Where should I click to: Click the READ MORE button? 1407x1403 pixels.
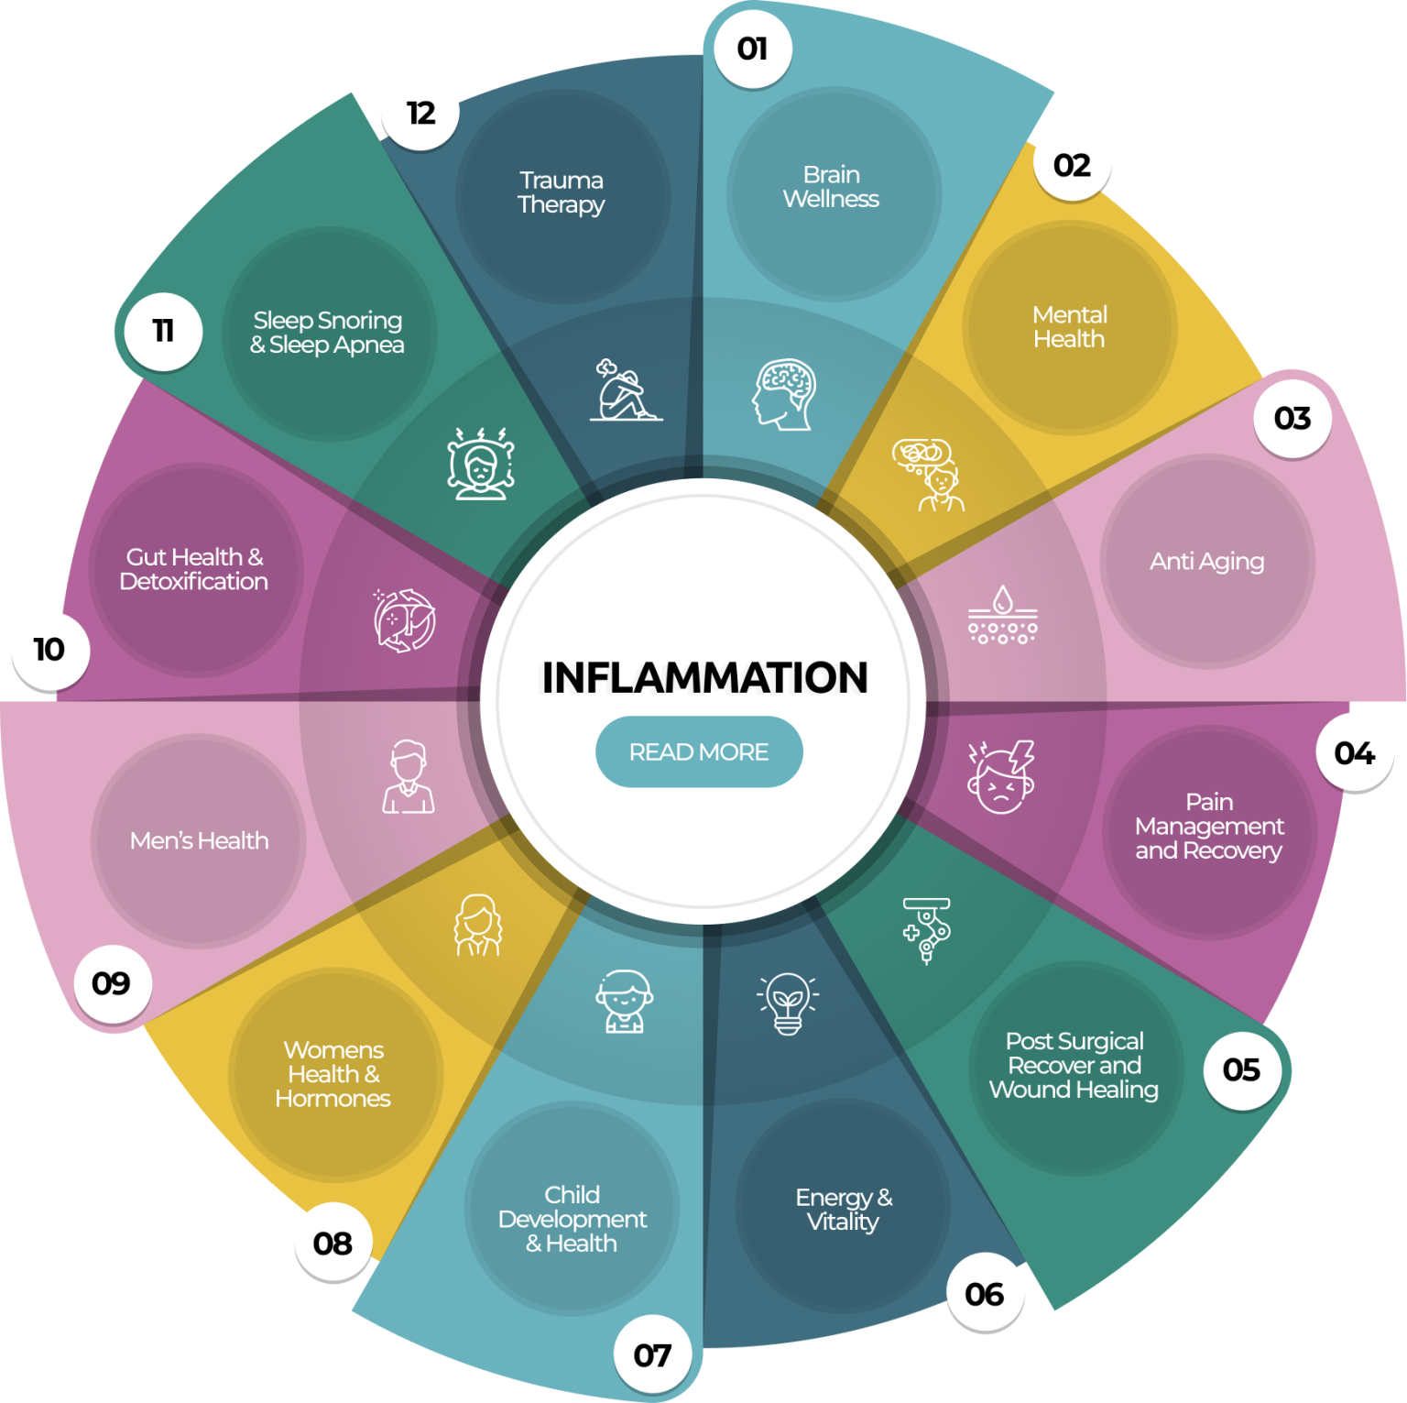click(699, 751)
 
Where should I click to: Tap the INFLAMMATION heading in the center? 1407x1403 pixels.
click(704, 678)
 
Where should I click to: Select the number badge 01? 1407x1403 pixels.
click(753, 49)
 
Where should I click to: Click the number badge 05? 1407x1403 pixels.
click(1241, 1069)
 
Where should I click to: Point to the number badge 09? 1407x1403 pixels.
click(112, 983)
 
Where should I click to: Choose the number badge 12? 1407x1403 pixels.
click(420, 113)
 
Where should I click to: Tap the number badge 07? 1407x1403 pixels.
click(652, 1354)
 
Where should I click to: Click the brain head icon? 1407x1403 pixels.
click(784, 394)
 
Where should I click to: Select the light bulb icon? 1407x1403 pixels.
click(788, 1003)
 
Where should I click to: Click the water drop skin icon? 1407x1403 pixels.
click(1003, 614)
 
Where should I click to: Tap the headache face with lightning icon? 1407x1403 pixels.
click(1001, 777)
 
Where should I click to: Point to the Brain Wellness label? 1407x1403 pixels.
click(831, 187)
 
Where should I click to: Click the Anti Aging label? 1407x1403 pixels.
click(1207, 561)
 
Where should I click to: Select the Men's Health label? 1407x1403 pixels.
click(200, 840)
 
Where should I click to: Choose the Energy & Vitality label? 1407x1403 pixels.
click(844, 1209)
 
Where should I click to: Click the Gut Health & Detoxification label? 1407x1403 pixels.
click(194, 569)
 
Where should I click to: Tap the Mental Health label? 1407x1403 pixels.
click(1070, 327)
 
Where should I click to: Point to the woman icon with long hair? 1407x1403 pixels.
click(478, 926)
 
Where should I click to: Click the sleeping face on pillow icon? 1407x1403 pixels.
click(480, 463)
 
